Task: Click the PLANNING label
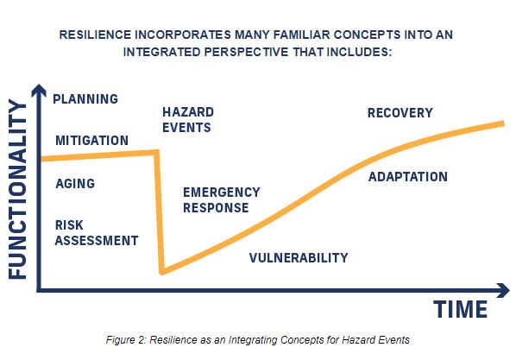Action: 85,99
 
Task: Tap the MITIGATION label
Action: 91,141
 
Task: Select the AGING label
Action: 75,184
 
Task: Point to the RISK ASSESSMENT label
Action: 97,233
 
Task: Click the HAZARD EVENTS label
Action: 188,120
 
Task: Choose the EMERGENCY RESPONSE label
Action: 222,200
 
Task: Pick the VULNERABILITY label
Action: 299,258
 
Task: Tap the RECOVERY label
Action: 400,113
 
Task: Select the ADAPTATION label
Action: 408,177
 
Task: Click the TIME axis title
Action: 461,310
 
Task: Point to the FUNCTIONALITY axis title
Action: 17,189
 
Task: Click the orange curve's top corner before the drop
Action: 156,152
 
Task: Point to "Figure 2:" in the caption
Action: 126,340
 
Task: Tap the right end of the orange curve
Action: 503,123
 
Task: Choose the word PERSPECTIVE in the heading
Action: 246,52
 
